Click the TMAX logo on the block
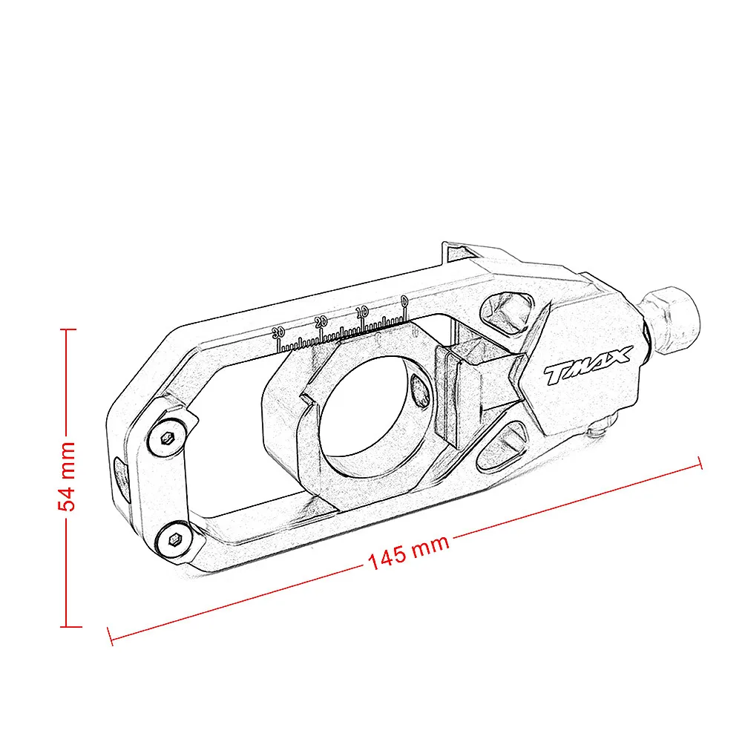point(586,366)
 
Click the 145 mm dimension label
point(409,553)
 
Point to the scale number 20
point(321,321)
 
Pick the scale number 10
point(362,312)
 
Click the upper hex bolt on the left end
point(168,438)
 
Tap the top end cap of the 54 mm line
point(68,329)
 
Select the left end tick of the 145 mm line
point(110,635)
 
